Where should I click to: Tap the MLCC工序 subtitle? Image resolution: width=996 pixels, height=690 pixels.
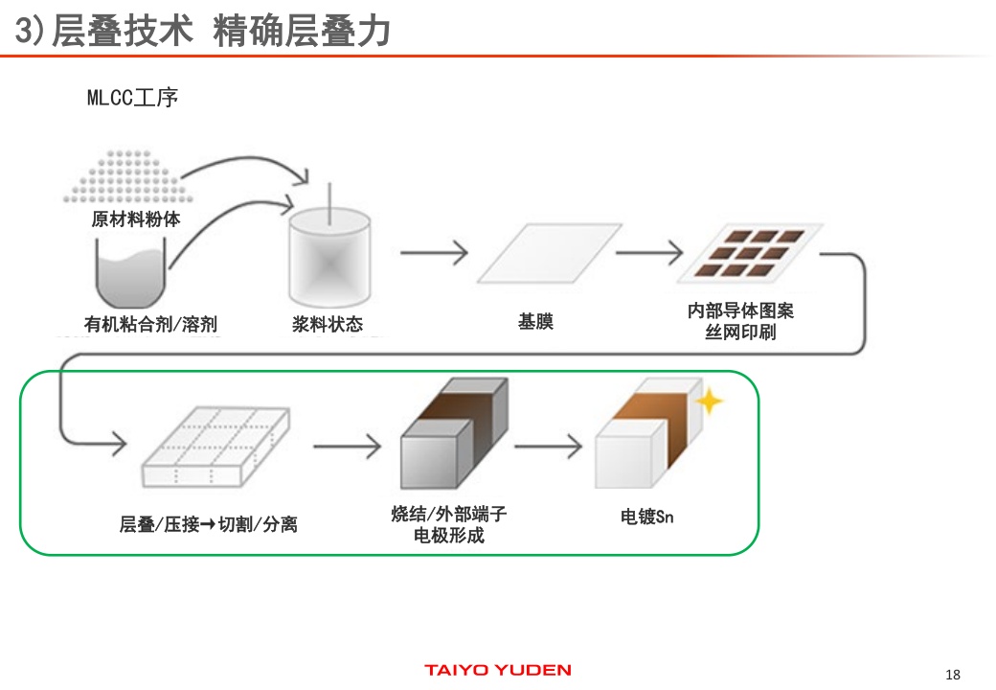coord(132,98)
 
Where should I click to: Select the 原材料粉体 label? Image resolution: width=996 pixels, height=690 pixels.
coord(136,219)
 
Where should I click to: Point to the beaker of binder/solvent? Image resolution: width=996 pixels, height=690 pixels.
coord(131,274)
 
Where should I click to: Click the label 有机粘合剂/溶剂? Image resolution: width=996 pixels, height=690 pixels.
coord(150,324)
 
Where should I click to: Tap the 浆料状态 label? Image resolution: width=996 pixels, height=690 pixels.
coord(328,324)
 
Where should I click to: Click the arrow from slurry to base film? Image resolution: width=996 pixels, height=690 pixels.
coord(434,253)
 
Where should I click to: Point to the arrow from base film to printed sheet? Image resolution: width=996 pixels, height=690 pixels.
coord(649,253)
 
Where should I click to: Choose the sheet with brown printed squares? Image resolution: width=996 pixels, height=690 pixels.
coord(749,255)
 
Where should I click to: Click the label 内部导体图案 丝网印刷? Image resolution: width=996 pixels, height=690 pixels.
coord(740,322)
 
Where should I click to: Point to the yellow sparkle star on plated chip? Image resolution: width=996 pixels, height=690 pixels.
coord(710,401)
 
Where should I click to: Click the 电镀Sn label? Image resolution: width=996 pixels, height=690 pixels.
coord(647,517)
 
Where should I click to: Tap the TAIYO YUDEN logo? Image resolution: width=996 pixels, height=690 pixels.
coord(497,670)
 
